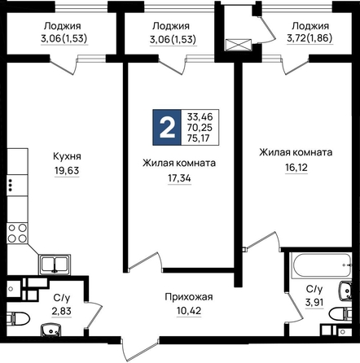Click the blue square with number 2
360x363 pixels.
click(167, 127)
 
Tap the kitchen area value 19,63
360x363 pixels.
click(67, 171)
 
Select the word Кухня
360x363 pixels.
click(67, 156)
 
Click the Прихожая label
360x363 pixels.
click(189, 297)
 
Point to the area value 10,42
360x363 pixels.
click(189, 311)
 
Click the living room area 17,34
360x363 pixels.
click(179, 178)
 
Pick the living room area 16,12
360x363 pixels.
click(296, 168)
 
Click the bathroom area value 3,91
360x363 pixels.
click(314, 302)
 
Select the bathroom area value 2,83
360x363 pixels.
click(62, 311)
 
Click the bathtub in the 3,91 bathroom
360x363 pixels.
click(321, 265)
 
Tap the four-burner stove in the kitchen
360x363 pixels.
click(17, 233)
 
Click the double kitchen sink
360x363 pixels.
click(55, 265)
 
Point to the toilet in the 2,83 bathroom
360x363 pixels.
click(18, 319)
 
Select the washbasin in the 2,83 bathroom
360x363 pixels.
click(50, 330)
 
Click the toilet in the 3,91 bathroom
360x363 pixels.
click(340, 314)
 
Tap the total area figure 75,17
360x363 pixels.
click(200, 138)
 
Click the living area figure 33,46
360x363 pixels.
click(200, 117)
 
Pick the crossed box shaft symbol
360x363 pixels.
click(238, 45)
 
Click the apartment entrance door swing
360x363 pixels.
click(140, 348)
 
